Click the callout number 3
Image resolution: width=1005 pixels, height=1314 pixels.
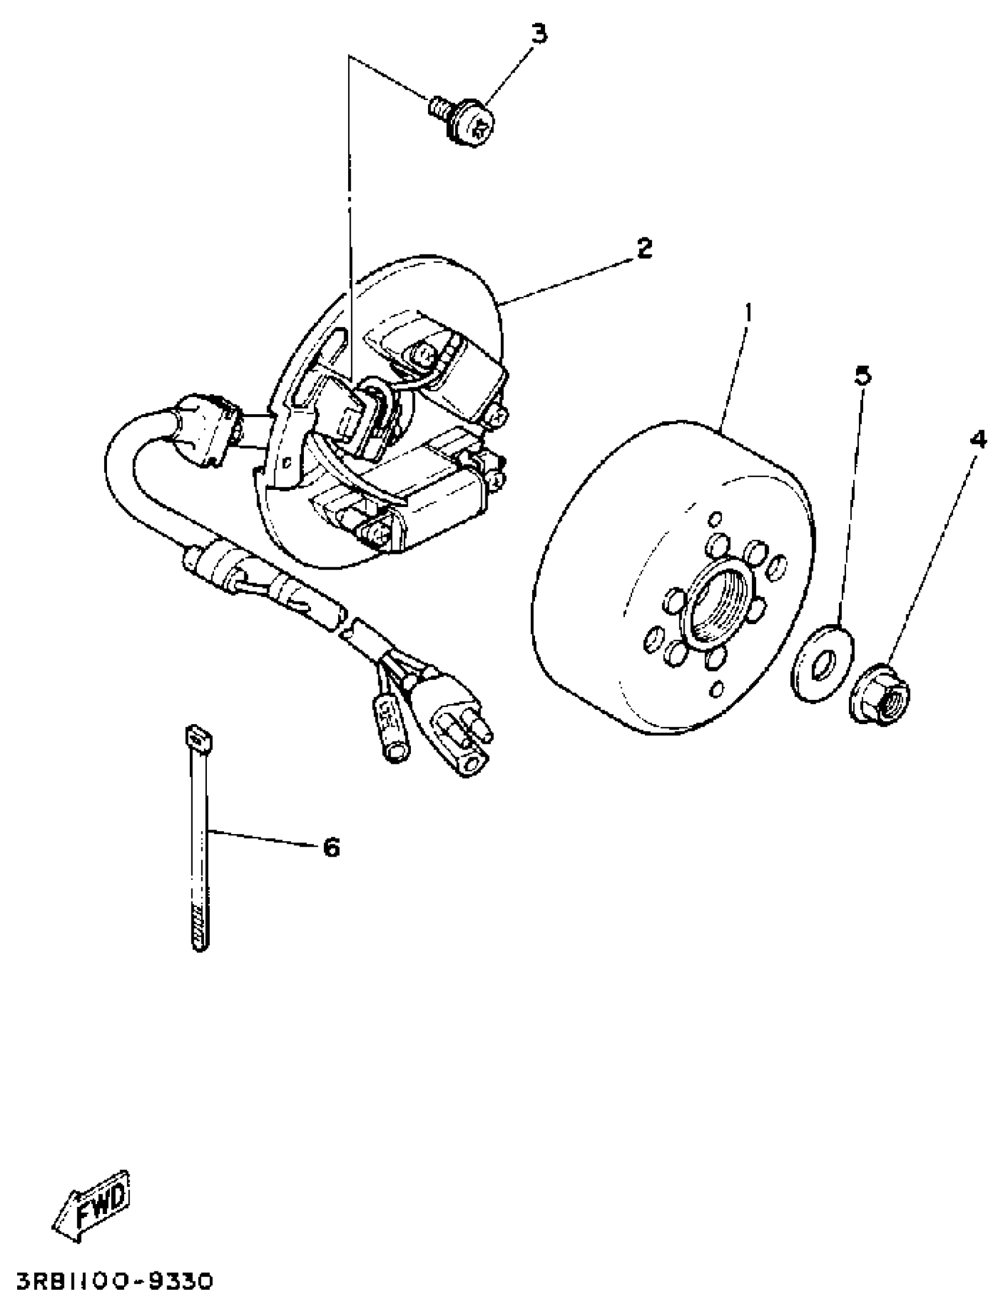click(x=539, y=34)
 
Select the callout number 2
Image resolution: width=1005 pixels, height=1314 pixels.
click(x=644, y=248)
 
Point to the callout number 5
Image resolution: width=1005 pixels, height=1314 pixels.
click(x=862, y=376)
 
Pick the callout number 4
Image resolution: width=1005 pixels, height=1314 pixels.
click(x=978, y=441)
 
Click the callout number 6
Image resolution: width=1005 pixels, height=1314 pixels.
click(x=331, y=847)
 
